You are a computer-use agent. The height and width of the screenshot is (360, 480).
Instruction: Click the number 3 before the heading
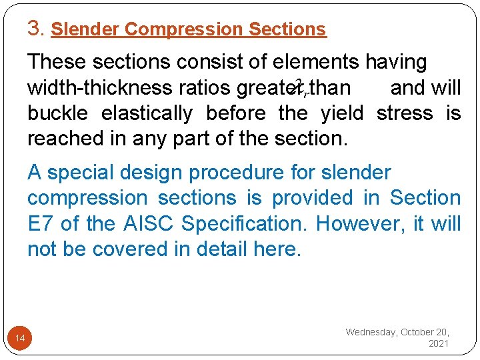(x=34, y=28)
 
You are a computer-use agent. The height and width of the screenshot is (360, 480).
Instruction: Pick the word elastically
(x=147, y=113)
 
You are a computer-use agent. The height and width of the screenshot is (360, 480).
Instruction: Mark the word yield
(x=342, y=113)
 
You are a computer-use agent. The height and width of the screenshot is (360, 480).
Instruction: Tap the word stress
(x=404, y=113)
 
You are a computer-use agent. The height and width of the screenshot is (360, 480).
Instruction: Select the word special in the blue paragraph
(x=83, y=172)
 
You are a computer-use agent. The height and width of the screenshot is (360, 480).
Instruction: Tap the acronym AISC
(x=142, y=223)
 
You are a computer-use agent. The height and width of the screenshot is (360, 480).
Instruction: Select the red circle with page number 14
(x=20, y=339)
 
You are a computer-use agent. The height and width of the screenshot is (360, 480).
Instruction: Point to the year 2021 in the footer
(x=439, y=343)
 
